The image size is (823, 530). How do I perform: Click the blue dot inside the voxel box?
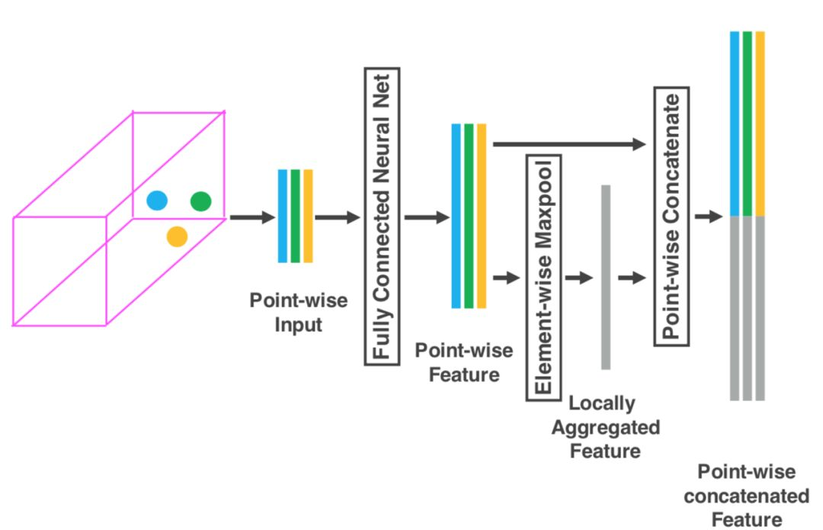(x=157, y=201)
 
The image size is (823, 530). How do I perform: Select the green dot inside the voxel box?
(x=200, y=201)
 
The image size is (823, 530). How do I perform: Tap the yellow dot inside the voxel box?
(x=178, y=236)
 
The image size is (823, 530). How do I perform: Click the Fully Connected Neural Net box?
(x=383, y=216)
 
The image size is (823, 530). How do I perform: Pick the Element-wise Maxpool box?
(x=543, y=277)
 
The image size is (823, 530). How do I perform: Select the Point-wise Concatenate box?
(x=671, y=216)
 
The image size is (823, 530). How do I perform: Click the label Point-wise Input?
(x=299, y=312)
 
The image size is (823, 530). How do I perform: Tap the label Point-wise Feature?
(x=464, y=362)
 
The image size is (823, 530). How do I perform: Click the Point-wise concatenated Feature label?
(x=746, y=495)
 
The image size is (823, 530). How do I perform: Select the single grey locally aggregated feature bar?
(x=606, y=277)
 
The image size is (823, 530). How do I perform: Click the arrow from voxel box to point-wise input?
(x=251, y=217)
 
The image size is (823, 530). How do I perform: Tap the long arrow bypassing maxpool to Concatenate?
(x=568, y=143)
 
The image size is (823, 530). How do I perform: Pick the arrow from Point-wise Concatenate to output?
(x=708, y=217)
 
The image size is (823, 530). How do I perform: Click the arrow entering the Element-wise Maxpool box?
(x=506, y=278)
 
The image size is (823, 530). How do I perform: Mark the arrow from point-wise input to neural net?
(x=337, y=217)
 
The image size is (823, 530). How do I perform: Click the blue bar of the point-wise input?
(x=283, y=216)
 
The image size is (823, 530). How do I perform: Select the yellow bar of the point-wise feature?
(x=482, y=216)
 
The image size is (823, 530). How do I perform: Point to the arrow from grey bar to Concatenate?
(x=632, y=278)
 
